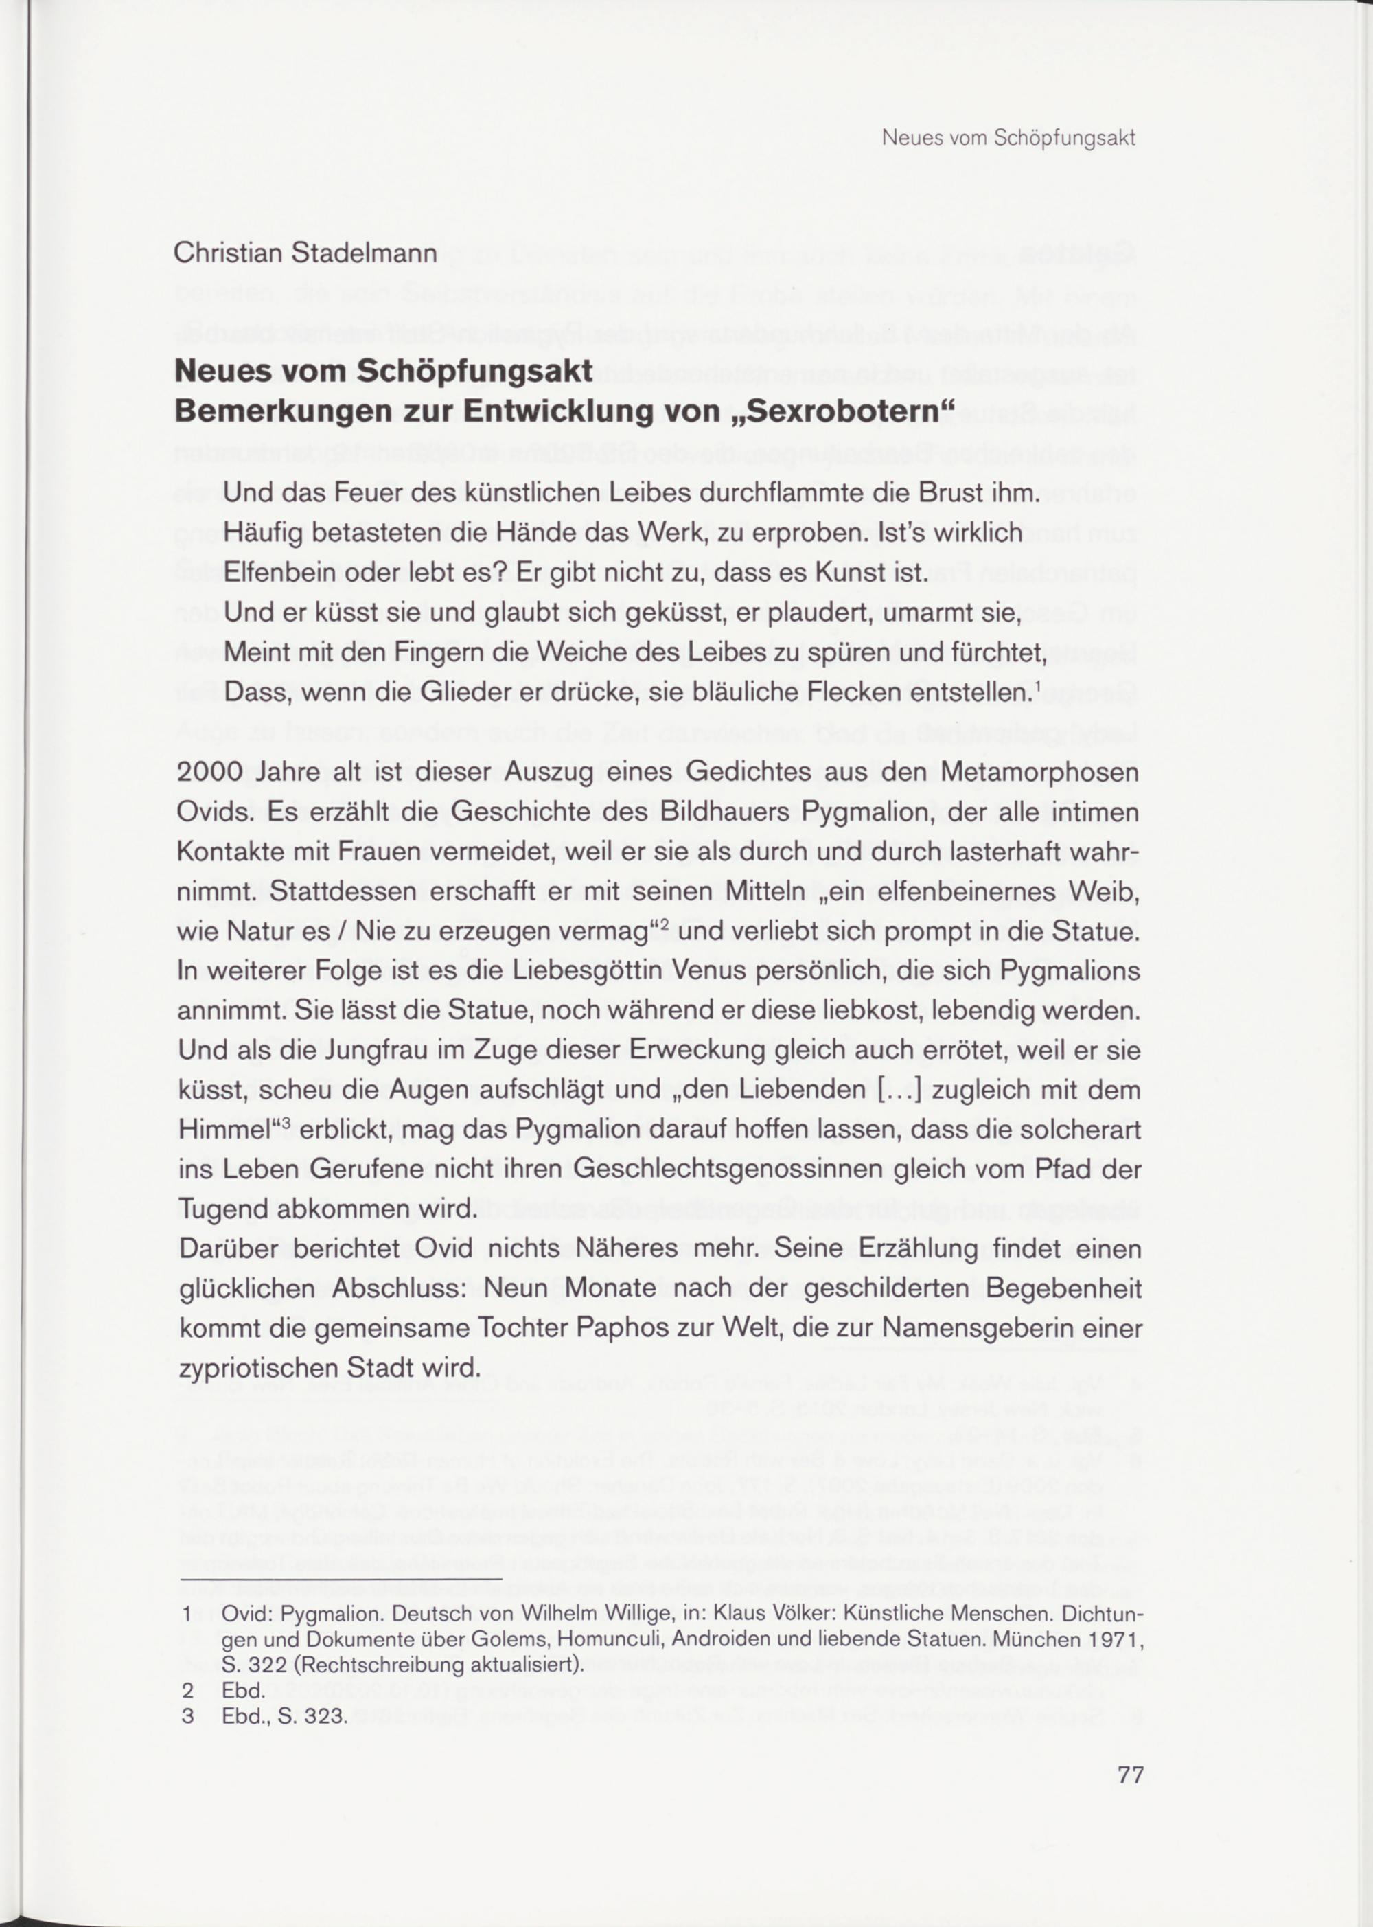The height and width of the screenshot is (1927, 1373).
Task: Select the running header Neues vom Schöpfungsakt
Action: (x=1008, y=138)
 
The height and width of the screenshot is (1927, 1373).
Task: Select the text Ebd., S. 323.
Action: (x=284, y=1693)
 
